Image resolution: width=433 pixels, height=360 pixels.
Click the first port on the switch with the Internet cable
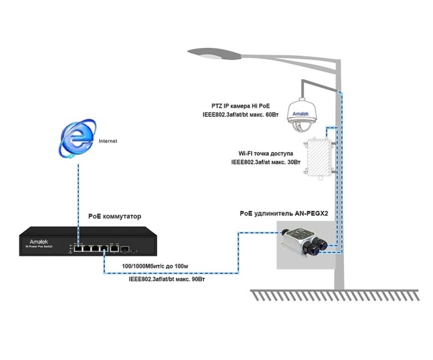[x=79, y=250]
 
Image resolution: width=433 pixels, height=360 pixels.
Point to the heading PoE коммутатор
[x=115, y=216]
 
